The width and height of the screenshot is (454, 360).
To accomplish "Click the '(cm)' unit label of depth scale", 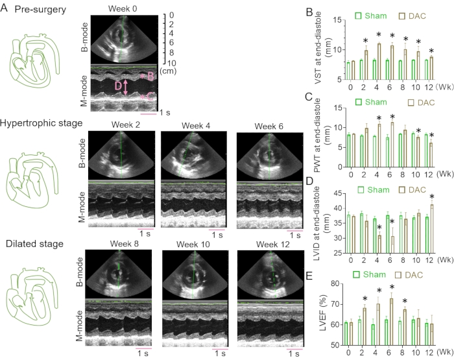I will pos(167,70).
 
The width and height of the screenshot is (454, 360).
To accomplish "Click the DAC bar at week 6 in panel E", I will pos(390,321).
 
